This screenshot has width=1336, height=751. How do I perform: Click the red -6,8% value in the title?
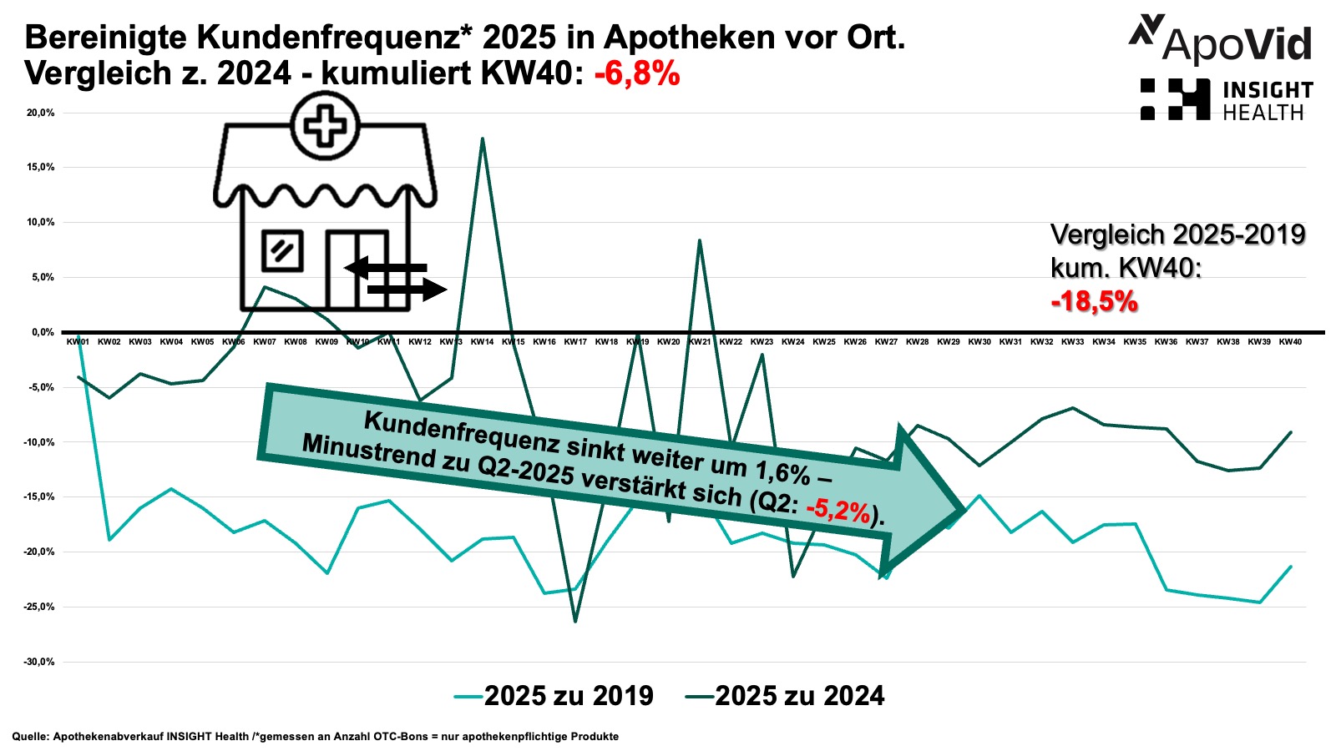point(637,73)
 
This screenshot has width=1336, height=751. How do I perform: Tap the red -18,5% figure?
point(1094,301)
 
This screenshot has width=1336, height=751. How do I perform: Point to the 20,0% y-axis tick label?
point(41,113)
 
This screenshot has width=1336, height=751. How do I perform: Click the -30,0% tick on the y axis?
point(39,662)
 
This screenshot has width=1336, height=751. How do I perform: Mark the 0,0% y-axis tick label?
point(43,332)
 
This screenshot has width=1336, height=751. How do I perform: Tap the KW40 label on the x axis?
point(1290,342)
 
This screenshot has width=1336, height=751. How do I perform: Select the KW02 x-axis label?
point(109,342)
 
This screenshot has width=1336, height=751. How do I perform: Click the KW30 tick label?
point(979,342)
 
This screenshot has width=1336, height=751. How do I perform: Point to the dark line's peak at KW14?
point(483,139)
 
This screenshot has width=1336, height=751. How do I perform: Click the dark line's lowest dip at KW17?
point(575,622)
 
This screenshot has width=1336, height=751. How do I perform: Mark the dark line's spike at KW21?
point(700,240)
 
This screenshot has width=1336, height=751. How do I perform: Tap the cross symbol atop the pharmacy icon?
point(326,127)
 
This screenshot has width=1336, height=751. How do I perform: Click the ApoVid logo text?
point(1237,43)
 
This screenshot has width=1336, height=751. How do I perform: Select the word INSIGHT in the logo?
point(1268,90)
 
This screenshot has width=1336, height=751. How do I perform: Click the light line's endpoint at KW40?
point(1291,567)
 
